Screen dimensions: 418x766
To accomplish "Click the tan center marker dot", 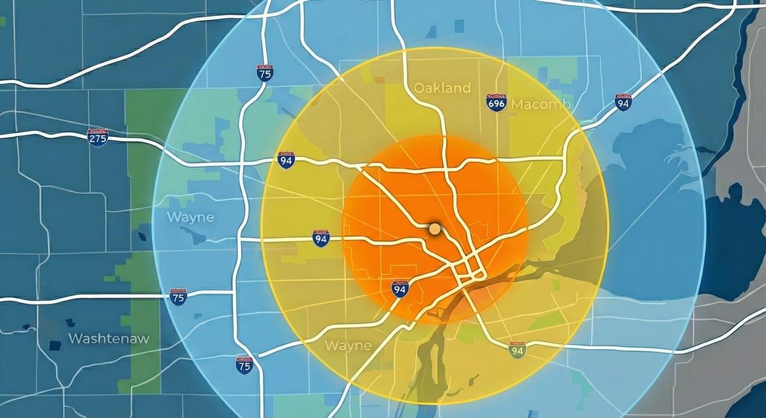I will [x=435, y=228].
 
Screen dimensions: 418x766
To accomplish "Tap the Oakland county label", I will [x=442, y=88].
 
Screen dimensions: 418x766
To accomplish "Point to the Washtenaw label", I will [x=109, y=338].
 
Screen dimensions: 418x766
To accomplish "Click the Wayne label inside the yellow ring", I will [x=348, y=346].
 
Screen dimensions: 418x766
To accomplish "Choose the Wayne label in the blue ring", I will [x=190, y=217].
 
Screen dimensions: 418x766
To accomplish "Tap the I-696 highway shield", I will [x=497, y=102].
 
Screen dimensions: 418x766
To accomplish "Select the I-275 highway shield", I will [x=98, y=137].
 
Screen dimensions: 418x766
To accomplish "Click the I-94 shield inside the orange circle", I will [x=400, y=289].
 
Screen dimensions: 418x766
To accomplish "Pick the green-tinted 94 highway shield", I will [x=517, y=348].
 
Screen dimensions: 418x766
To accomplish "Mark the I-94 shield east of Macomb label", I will [x=624, y=101].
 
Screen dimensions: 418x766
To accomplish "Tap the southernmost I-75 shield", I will [x=244, y=364].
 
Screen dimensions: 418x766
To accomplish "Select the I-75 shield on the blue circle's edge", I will [x=179, y=297].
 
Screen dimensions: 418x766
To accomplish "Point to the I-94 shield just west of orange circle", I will [x=322, y=239].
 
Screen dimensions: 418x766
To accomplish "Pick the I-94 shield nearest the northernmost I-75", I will [x=287, y=160].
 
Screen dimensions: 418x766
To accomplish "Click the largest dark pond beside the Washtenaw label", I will [x=56, y=345].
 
